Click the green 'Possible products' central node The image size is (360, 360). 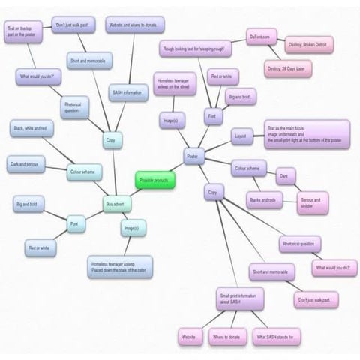pos(155,181)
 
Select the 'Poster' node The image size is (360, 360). pos(191,156)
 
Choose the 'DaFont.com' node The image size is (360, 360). pos(264,37)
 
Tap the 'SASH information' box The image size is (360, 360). pos(127,93)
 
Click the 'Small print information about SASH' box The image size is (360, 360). pos(241,299)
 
